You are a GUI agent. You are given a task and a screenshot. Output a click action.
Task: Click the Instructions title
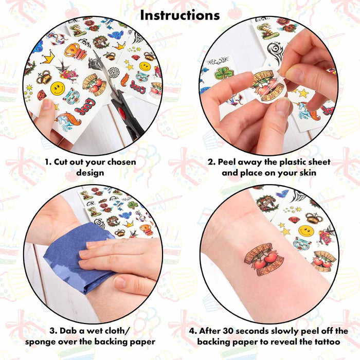(180, 15)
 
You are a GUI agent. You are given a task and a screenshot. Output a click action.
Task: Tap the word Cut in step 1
(61, 162)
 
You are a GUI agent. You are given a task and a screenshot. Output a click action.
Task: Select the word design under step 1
(90, 172)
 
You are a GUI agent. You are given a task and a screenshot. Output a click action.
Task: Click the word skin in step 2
(308, 173)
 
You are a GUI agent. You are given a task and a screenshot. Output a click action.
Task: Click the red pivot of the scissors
(122, 113)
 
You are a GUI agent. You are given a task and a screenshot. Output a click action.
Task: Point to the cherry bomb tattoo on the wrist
(263, 260)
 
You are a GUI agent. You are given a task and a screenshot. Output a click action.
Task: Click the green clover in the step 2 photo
(223, 73)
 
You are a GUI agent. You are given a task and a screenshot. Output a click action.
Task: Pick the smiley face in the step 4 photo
(306, 230)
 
